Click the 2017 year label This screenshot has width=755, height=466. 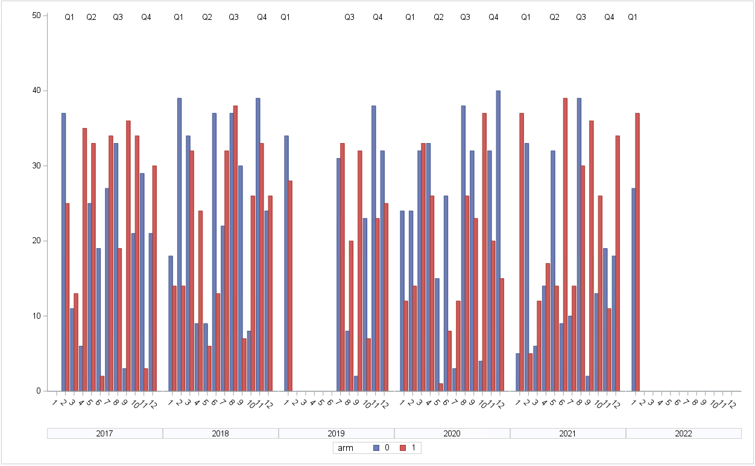coord(105,433)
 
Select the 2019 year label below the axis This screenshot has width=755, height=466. coord(336,433)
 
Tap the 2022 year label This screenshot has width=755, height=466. coord(684,433)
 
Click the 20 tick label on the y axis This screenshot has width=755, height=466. coord(36,241)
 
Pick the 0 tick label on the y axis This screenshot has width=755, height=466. coord(38,391)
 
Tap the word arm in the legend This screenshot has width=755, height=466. coord(346,448)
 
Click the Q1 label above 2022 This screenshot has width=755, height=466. coord(633,18)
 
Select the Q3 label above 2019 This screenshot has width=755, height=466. coord(349,18)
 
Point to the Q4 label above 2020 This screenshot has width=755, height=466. coord(493,18)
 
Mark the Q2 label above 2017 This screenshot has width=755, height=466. coord(91,18)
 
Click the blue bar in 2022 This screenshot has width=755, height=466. coord(633,290)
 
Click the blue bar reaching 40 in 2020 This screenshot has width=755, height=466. coord(498,241)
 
